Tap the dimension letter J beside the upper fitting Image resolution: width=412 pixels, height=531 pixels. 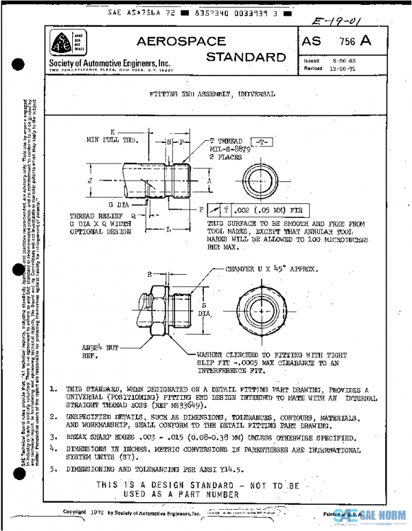90,181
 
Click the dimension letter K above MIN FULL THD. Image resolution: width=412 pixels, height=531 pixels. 112,131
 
